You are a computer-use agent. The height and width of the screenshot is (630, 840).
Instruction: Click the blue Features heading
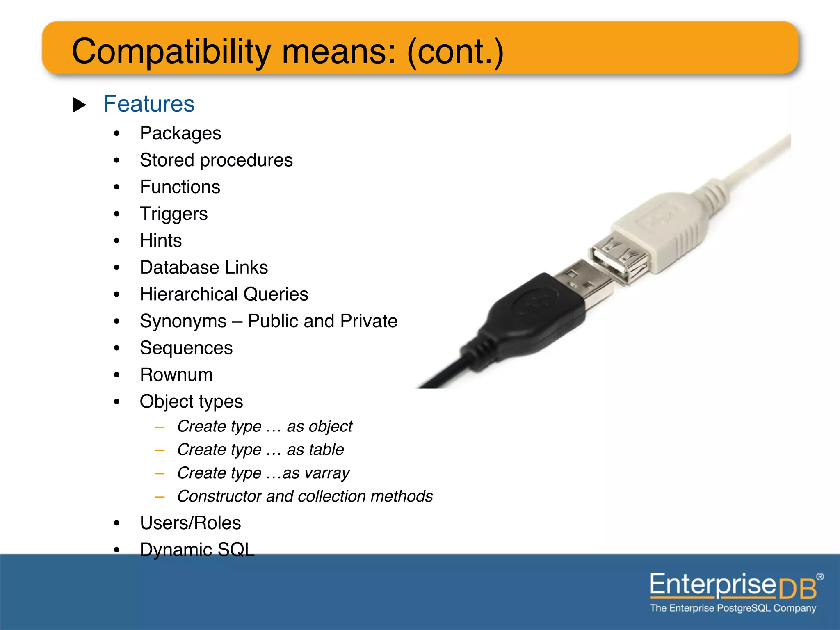[x=148, y=104]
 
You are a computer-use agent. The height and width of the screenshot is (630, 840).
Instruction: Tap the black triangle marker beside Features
[x=79, y=105]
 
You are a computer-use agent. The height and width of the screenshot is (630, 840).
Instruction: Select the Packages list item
[x=180, y=133]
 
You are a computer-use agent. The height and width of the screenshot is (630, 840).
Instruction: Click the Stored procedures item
[x=216, y=160]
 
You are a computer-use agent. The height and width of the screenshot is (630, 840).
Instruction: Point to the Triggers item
[x=173, y=214]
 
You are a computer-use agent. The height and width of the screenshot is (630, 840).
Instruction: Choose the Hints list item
[x=160, y=240]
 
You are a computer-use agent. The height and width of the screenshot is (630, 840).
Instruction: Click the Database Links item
[x=203, y=267]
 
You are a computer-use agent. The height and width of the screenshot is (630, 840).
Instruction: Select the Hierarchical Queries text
[x=224, y=294]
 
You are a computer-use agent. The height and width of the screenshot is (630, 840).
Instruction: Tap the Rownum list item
[x=176, y=375]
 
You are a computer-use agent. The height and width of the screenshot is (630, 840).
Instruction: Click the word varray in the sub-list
[x=327, y=473]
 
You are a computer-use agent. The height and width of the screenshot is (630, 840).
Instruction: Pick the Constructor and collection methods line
[x=305, y=496]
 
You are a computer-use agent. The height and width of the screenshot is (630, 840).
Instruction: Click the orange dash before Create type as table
[x=160, y=450]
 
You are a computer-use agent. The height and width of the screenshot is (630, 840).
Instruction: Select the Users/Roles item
[x=190, y=523]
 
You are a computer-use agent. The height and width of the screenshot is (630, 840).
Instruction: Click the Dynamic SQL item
[x=197, y=550]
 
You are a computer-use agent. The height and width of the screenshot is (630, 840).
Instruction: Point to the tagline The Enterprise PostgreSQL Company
[x=733, y=608]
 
